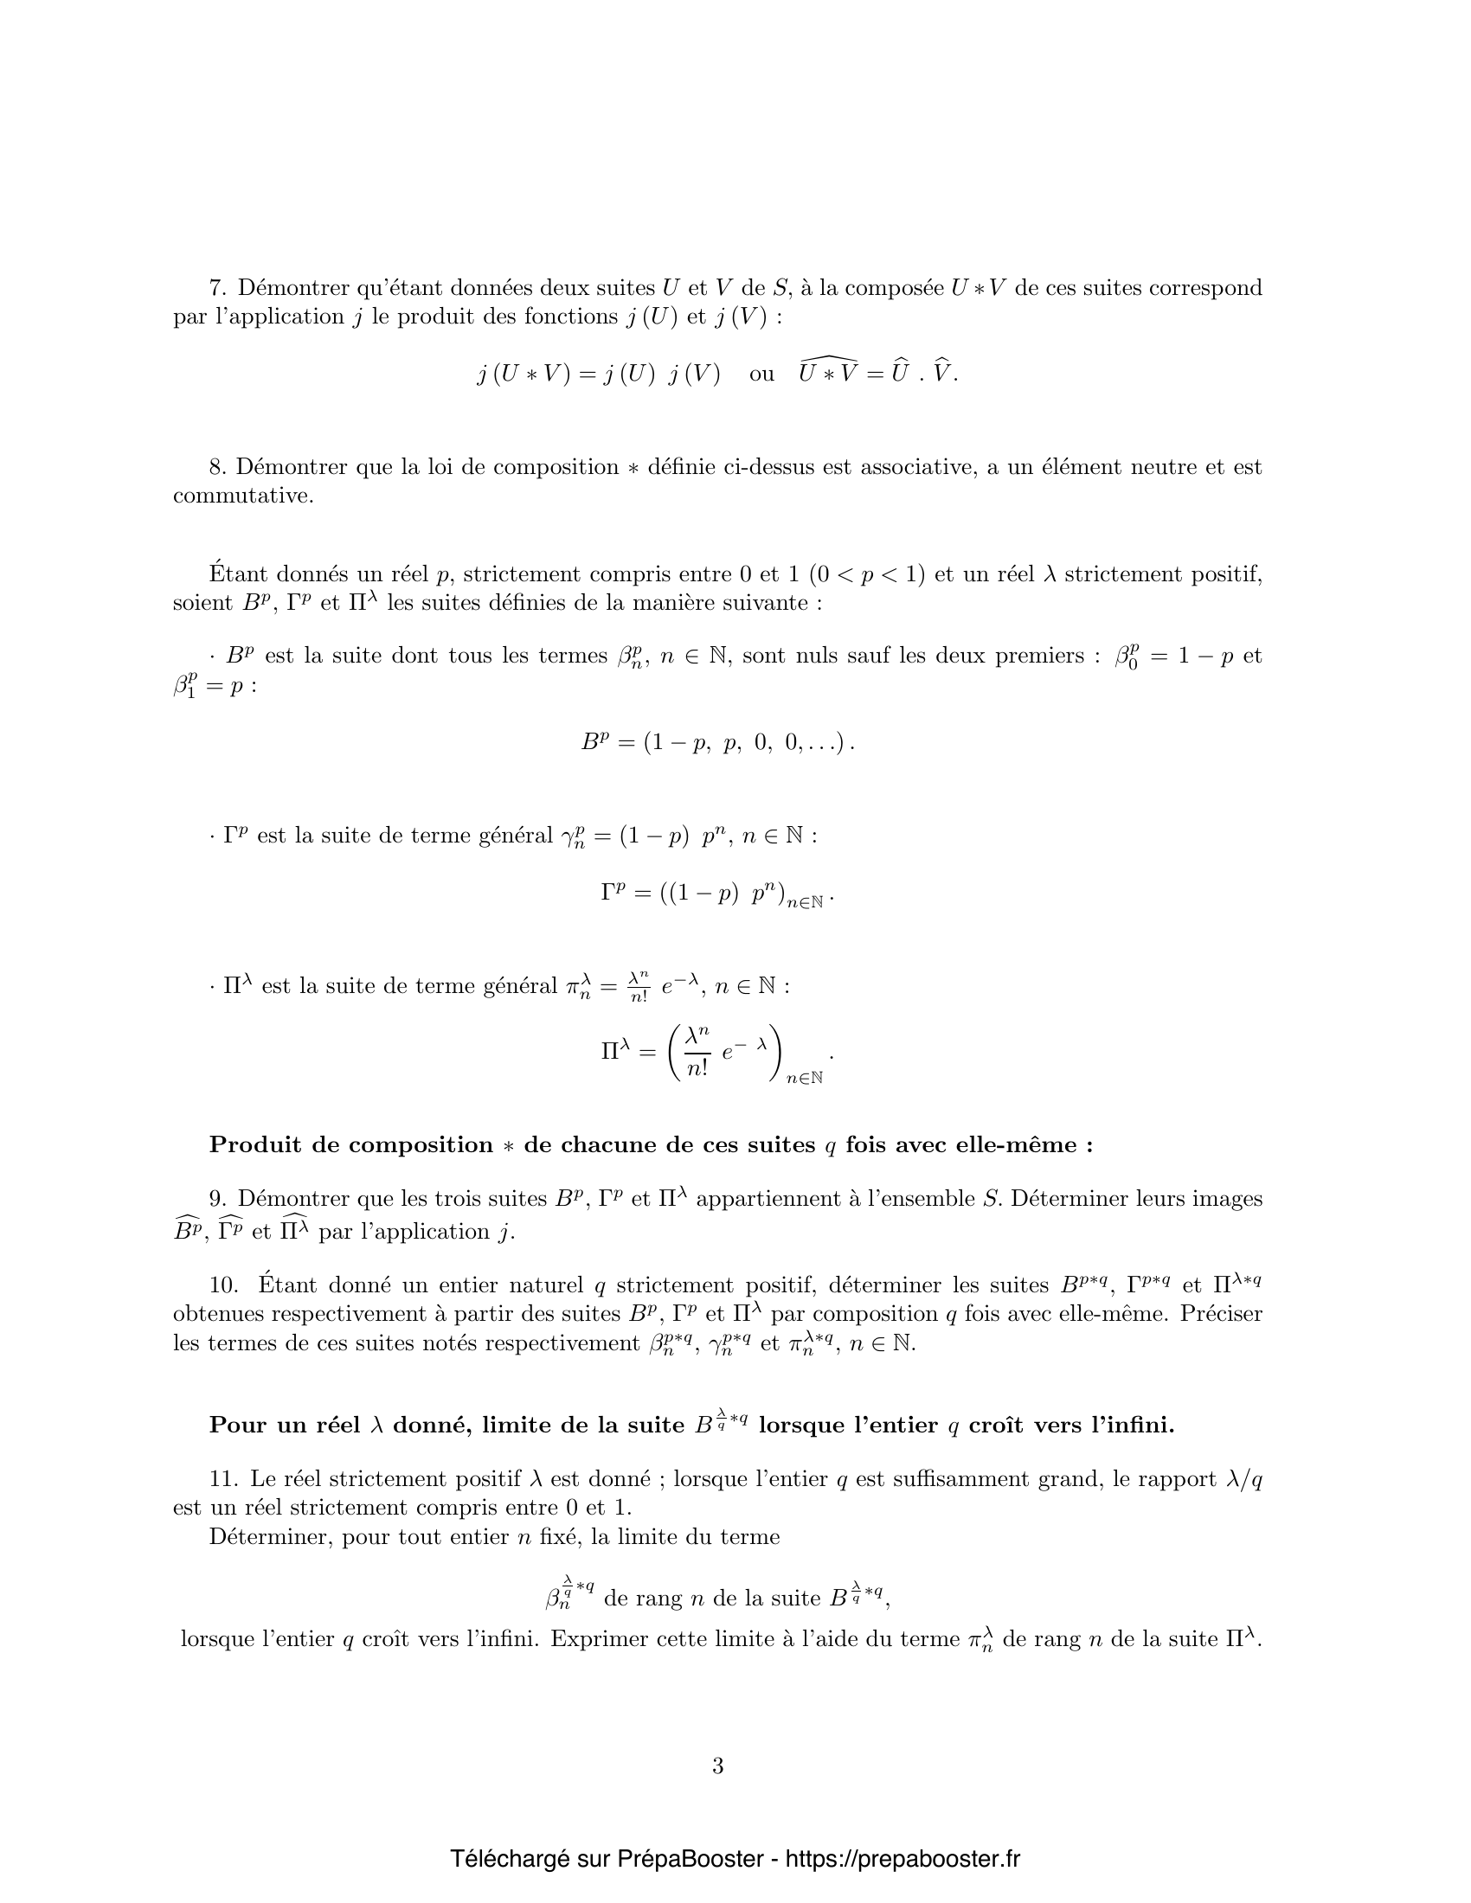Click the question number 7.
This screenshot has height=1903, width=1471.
click(x=217, y=287)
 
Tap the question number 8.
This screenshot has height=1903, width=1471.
click(x=217, y=467)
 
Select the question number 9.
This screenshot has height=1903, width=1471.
click(x=217, y=1199)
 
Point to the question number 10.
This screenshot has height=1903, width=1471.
click(x=222, y=1285)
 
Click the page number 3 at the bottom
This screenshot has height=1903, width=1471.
click(x=717, y=1766)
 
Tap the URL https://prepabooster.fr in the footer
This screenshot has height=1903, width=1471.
click(x=903, y=1859)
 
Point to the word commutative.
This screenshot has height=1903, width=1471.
click(x=241, y=496)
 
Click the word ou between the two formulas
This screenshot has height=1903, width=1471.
click(x=761, y=374)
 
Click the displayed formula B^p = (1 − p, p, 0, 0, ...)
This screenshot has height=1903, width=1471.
click(x=717, y=742)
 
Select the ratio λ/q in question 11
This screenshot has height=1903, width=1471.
click(x=1243, y=1478)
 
